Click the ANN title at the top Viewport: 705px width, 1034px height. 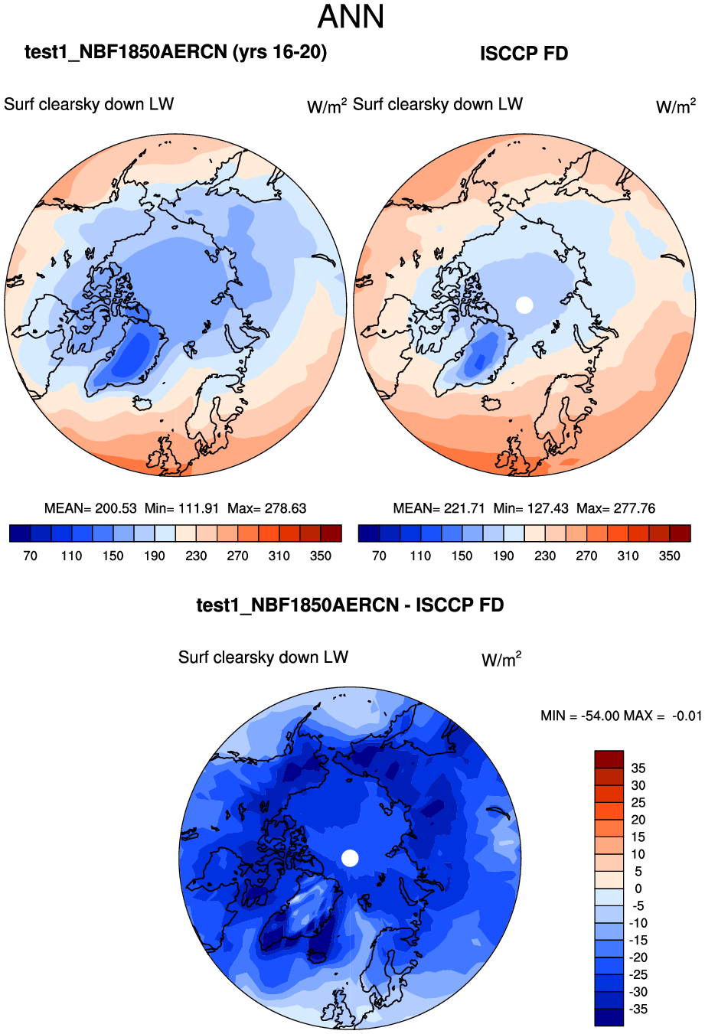pyautogui.click(x=351, y=17)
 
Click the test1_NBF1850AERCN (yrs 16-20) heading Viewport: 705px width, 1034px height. pyautogui.click(x=176, y=52)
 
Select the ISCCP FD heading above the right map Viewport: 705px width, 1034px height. pyautogui.click(x=524, y=54)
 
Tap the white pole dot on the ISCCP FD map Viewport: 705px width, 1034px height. pyautogui.click(x=524, y=305)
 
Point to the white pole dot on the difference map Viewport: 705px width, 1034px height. pyautogui.click(x=350, y=858)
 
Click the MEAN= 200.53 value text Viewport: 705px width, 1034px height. pyautogui.click(x=90, y=508)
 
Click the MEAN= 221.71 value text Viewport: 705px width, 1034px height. pyautogui.click(x=439, y=508)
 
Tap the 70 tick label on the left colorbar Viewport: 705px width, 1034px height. pyautogui.click(x=30, y=556)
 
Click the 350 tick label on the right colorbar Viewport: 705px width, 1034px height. pyautogui.click(x=670, y=556)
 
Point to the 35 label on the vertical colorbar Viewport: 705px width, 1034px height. pyautogui.click(x=638, y=768)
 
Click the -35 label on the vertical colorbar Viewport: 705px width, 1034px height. pyautogui.click(x=637, y=1010)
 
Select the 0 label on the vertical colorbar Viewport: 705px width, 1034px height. pyautogui.click(x=638, y=889)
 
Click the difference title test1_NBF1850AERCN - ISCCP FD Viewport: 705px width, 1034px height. pyautogui.click(x=350, y=605)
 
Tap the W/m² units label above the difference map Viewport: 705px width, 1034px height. pyautogui.click(x=501, y=659)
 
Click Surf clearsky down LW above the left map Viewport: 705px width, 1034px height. pyautogui.click(x=89, y=104)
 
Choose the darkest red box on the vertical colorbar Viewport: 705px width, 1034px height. pyautogui.click(x=609, y=759)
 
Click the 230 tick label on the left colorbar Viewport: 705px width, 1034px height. pyautogui.click(x=196, y=556)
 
